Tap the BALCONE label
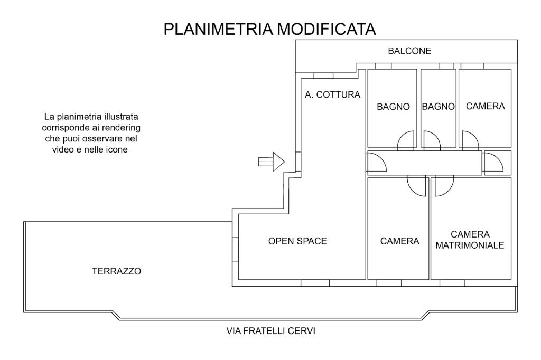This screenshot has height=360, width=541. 409,51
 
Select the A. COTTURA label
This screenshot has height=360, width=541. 332,96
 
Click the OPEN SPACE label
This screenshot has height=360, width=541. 297,241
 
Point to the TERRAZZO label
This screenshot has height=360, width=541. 117,271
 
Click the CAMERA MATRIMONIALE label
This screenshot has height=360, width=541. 470,240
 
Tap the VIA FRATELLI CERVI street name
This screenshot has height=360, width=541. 270,332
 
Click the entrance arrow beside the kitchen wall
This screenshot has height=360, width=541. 272,162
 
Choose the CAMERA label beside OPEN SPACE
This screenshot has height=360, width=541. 399,241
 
